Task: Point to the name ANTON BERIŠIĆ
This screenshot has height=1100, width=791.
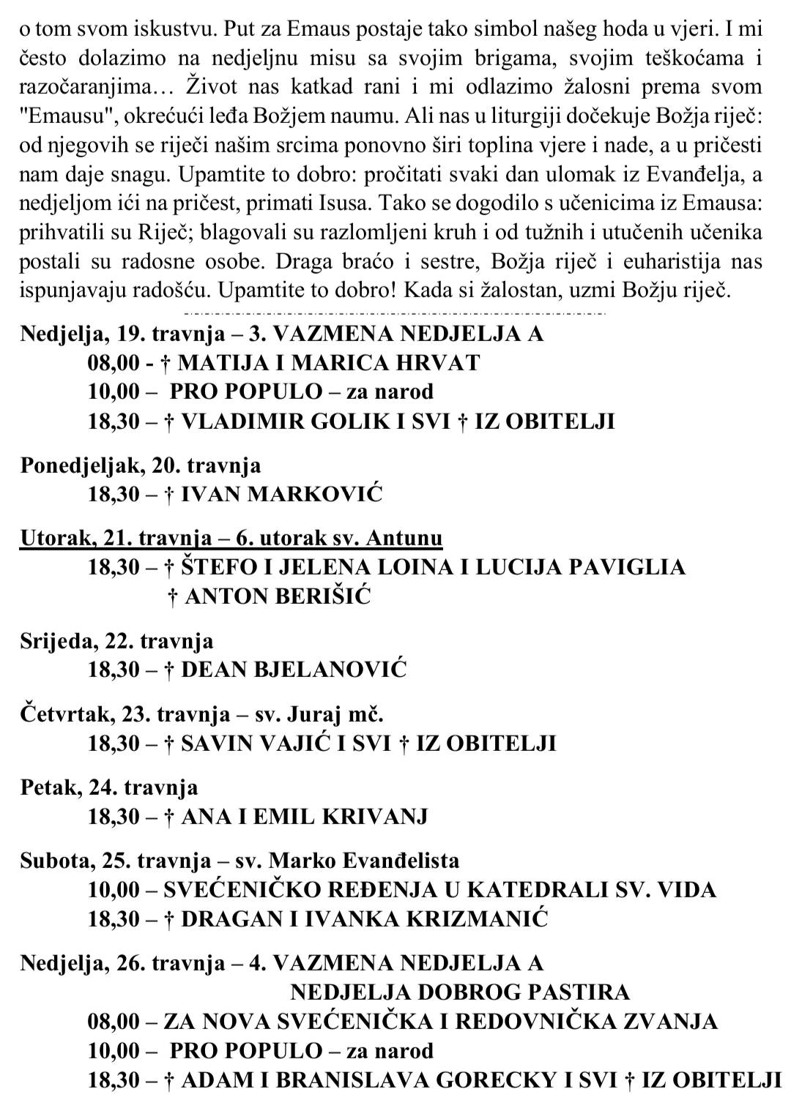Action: [278, 596]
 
